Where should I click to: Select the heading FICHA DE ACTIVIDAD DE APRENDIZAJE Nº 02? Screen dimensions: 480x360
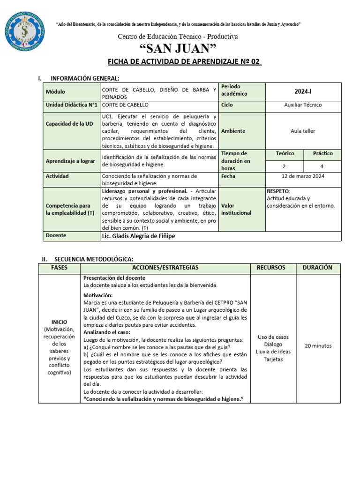tap(184, 62)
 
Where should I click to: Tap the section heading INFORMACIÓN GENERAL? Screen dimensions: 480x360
tap(85, 78)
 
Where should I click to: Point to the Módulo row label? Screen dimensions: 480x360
tap(56, 92)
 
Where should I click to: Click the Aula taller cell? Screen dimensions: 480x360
tap(303, 131)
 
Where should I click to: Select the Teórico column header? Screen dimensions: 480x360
tap(285, 153)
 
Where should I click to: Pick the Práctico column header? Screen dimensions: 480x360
tap(322, 153)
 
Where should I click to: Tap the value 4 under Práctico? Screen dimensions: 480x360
tap(322, 166)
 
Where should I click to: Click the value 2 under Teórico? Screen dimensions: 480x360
tap(285, 166)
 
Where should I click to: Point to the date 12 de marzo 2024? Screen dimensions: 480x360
tap(303, 176)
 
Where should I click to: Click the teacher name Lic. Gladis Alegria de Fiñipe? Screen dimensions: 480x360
tap(138, 236)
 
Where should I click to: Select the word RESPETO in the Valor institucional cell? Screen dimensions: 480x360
tap(278, 191)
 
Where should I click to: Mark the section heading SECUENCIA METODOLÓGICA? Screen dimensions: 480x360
tap(94, 259)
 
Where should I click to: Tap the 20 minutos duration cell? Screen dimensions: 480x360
tap(318, 346)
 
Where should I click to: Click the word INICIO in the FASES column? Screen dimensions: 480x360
tap(60, 322)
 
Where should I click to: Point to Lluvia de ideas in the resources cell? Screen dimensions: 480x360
tap(273, 352)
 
